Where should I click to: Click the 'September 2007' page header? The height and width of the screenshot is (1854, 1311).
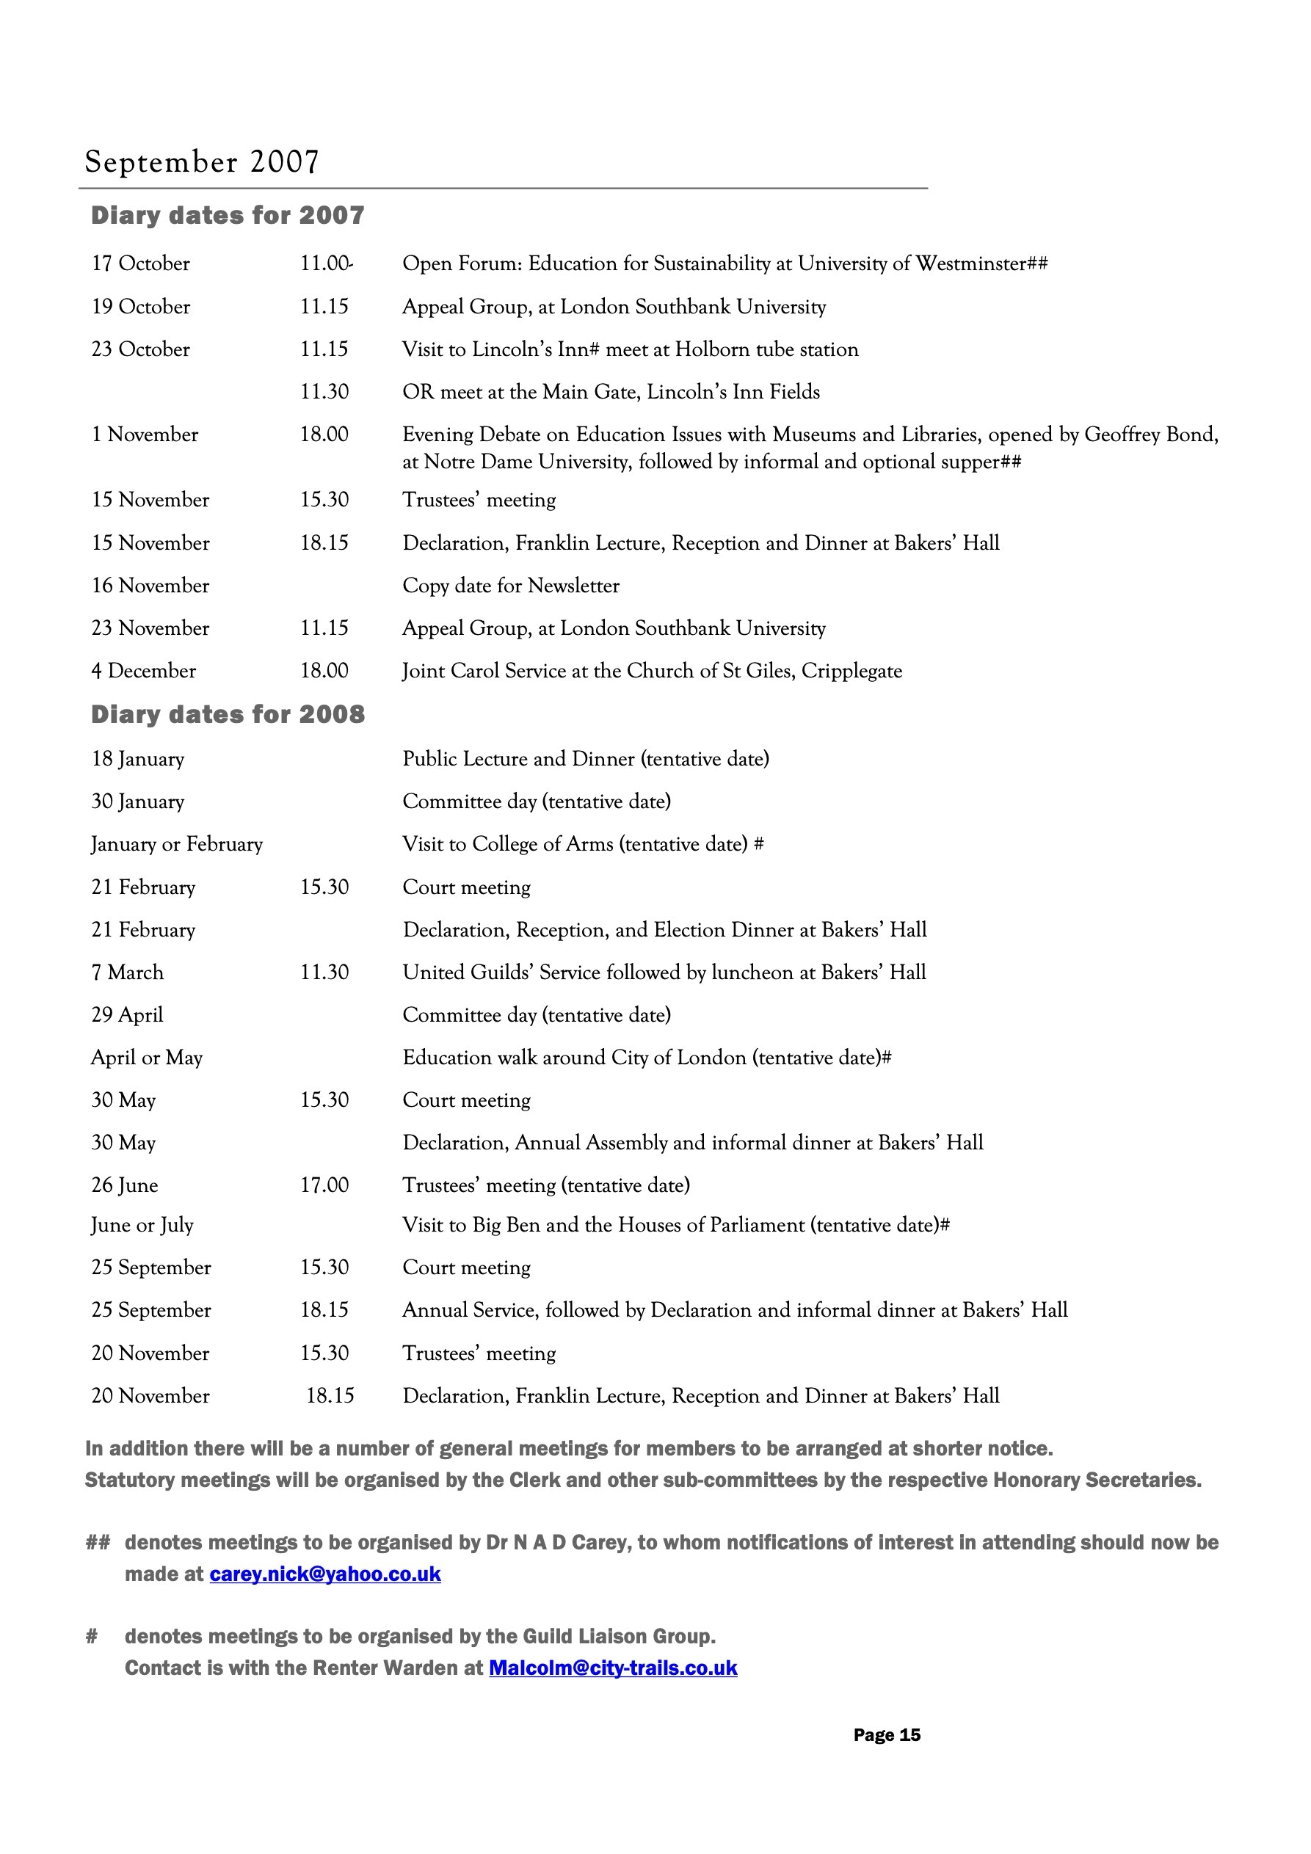[202, 161]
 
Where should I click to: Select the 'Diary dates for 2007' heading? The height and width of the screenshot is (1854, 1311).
[228, 216]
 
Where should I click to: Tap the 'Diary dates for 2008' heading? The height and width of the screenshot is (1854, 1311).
[228, 715]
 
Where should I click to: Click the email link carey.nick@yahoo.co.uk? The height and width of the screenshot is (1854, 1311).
[324, 1574]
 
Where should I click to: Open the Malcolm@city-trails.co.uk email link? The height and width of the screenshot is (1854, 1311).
[613, 1668]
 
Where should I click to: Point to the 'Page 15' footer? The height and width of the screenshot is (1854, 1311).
[886, 1735]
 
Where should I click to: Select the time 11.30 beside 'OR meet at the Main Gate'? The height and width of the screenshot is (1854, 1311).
[324, 392]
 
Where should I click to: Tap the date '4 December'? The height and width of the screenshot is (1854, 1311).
[144, 671]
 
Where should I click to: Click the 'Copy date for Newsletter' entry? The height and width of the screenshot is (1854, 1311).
[510, 586]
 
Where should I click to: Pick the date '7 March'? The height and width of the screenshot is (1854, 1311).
[128, 973]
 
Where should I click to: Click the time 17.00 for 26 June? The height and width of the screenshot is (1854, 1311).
[324, 1185]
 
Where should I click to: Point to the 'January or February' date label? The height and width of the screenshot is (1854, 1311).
[177, 845]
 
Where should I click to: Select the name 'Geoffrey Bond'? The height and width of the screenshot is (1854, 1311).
[1150, 435]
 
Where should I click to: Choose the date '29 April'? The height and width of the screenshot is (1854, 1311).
[128, 1015]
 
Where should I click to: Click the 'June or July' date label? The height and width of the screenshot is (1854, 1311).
[142, 1225]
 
